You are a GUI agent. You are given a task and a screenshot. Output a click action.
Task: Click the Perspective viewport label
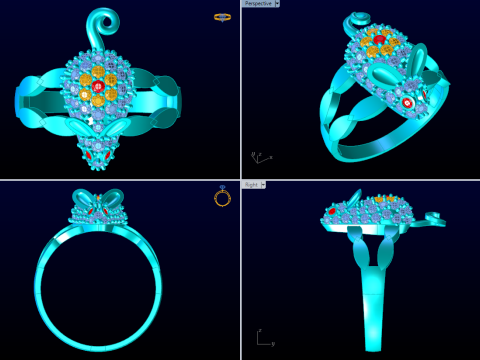(x=257, y=4)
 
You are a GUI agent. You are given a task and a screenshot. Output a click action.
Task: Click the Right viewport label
(x=250, y=184)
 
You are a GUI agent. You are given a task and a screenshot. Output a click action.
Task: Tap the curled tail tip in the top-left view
(x=99, y=19)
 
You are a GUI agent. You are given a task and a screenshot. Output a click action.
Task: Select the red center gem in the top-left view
(x=99, y=89)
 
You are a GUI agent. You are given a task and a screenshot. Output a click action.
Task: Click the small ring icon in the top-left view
(x=222, y=17)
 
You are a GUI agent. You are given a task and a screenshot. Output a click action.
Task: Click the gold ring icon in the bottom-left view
(x=222, y=197)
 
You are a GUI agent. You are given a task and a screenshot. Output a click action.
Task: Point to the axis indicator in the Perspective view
(x=259, y=157)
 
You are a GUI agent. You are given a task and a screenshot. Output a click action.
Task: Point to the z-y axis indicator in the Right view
(x=262, y=339)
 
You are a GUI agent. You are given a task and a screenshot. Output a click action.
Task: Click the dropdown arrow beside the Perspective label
(x=277, y=4)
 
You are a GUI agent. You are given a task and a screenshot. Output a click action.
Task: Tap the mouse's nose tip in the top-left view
(x=98, y=166)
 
